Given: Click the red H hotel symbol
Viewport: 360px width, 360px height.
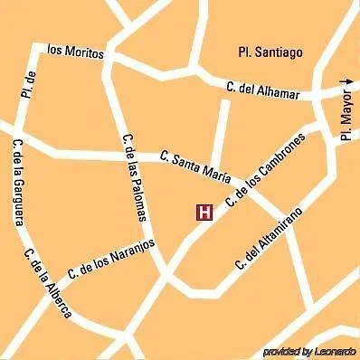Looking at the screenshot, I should pos(204,213).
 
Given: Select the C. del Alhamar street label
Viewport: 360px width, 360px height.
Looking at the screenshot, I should pos(264,88).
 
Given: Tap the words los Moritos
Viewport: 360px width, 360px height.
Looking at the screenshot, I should pos(76,52).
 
